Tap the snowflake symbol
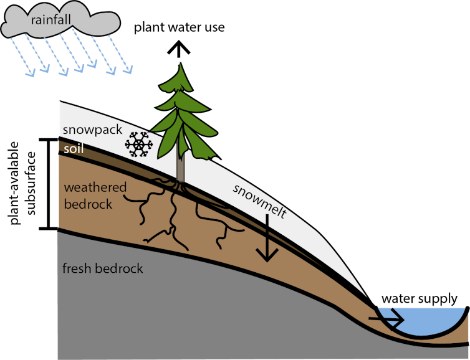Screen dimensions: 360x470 pyautogui.click(x=138, y=144)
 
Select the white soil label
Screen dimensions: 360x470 pyautogui.click(x=72, y=149)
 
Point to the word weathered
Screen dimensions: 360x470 pyautogui.click(x=95, y=187)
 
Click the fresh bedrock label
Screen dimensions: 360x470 pyautogui.click(x=103, y=268)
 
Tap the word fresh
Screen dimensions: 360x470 pyautogui.click(x=77, y=268)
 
